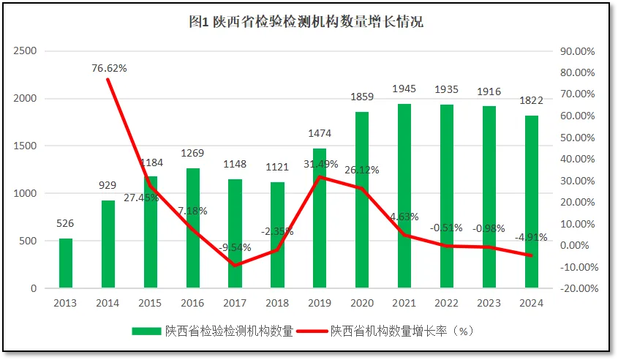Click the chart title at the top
tap(306, 22)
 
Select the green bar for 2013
tap(66, 263)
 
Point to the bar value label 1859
tap(362, 97)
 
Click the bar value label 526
tap(66, 223)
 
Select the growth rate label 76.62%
tap(109, 68)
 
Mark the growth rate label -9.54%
tap(235, 247)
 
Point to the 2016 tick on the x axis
tap(193, 303)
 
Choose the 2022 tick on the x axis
tap(447, 303)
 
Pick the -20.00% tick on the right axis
tap(578, 288)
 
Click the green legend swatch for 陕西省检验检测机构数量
tap(146, 331)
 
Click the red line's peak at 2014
tap(108, 78)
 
